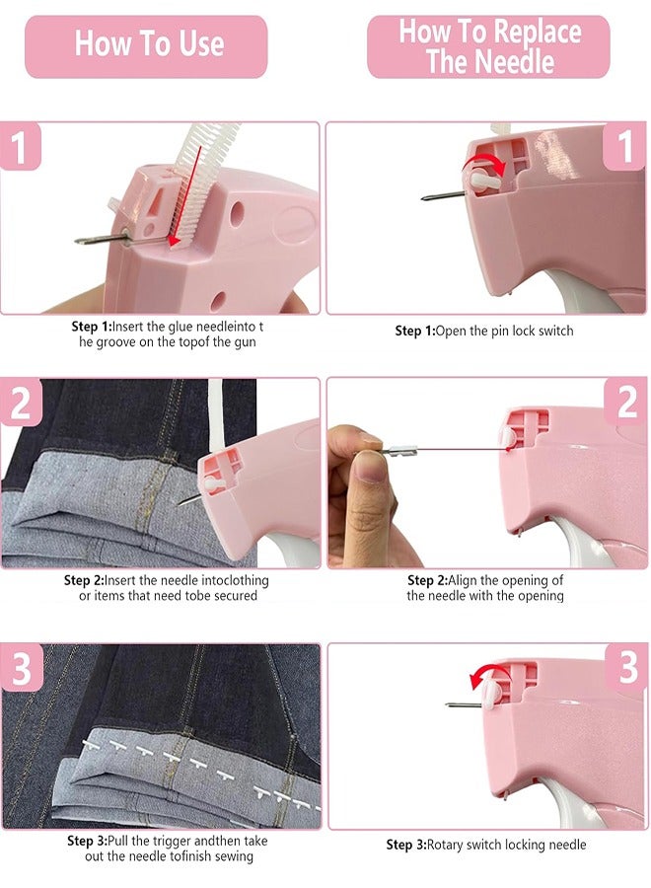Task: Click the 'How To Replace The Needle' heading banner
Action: point(488,45)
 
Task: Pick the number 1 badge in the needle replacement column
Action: point(625,148)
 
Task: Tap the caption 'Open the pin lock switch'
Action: point(483,331)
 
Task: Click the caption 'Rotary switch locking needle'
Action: point(485,845)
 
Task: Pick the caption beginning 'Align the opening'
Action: point(484,588)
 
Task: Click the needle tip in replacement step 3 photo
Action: point(450,704)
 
